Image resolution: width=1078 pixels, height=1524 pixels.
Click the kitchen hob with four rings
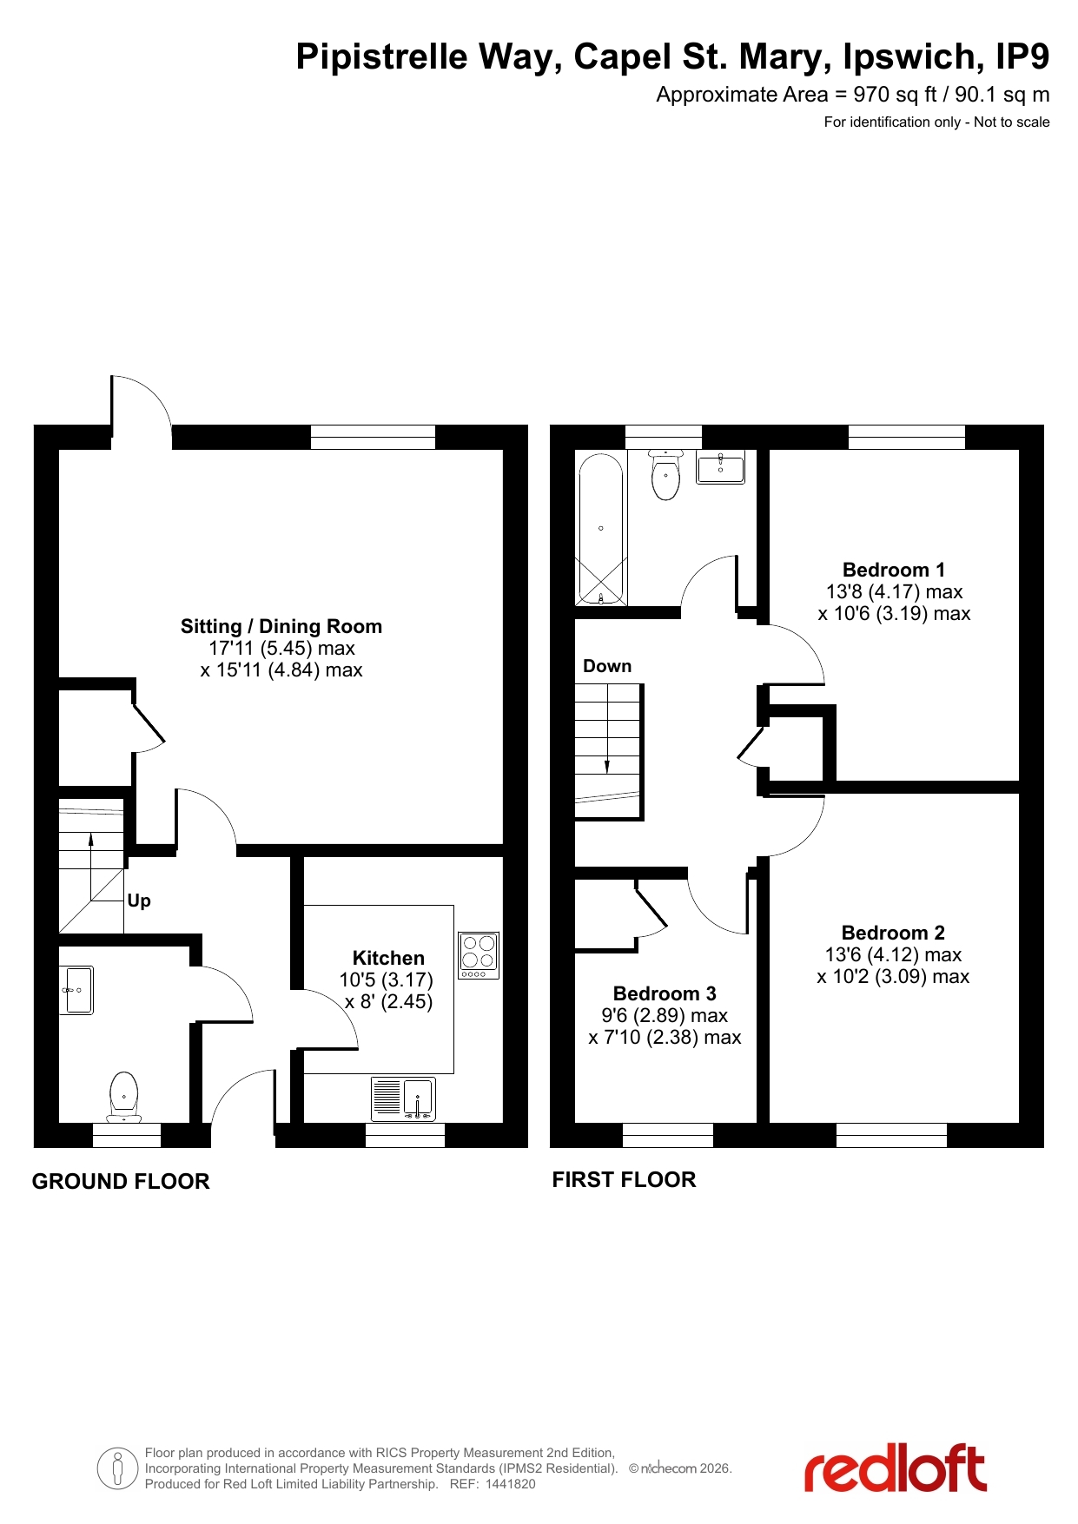[479, 955]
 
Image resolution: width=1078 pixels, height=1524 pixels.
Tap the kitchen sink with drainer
[403, 1099]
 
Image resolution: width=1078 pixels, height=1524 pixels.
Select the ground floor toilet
[124, 1097]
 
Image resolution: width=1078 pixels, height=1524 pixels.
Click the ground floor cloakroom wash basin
[76, 990]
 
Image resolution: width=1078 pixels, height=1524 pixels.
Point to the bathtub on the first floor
[601, 529]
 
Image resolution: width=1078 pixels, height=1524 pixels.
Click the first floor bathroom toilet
[666, 474]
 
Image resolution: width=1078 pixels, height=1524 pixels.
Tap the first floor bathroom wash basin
[721, 467]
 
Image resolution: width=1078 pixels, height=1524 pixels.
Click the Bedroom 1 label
[894, 570]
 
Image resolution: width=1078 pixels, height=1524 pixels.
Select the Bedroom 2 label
[893, 933]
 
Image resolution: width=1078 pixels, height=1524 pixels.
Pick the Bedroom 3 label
[665, 993]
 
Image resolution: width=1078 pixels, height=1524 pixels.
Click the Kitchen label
[388, 958]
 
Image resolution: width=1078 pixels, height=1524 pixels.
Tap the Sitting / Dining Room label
[281, 626]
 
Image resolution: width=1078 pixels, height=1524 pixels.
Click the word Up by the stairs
[139, 901]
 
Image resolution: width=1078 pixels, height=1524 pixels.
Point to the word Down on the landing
[607, 666]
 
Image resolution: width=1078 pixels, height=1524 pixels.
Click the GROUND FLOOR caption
[121, 1181]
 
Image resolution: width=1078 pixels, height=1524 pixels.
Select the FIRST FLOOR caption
[625, 1179]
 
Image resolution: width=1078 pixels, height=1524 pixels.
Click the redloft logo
[896, 1468]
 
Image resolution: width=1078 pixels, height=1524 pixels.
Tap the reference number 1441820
[511, 1484]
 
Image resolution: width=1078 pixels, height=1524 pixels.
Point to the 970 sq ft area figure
[895, 95]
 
